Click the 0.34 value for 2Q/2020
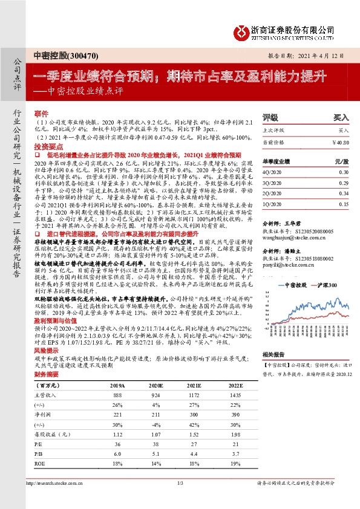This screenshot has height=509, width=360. click(344, 193)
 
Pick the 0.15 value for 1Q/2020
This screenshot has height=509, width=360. click(344, 204)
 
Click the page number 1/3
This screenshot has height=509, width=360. click(180, 499)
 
